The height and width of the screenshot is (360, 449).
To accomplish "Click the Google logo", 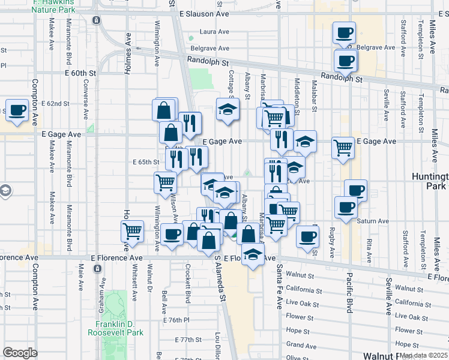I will click(20, 353).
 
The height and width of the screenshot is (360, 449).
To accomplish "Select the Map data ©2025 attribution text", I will click(423, 355).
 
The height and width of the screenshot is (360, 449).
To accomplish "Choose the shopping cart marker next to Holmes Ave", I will click(132, 231).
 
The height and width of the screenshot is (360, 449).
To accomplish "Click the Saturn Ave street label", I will click(373, 221).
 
